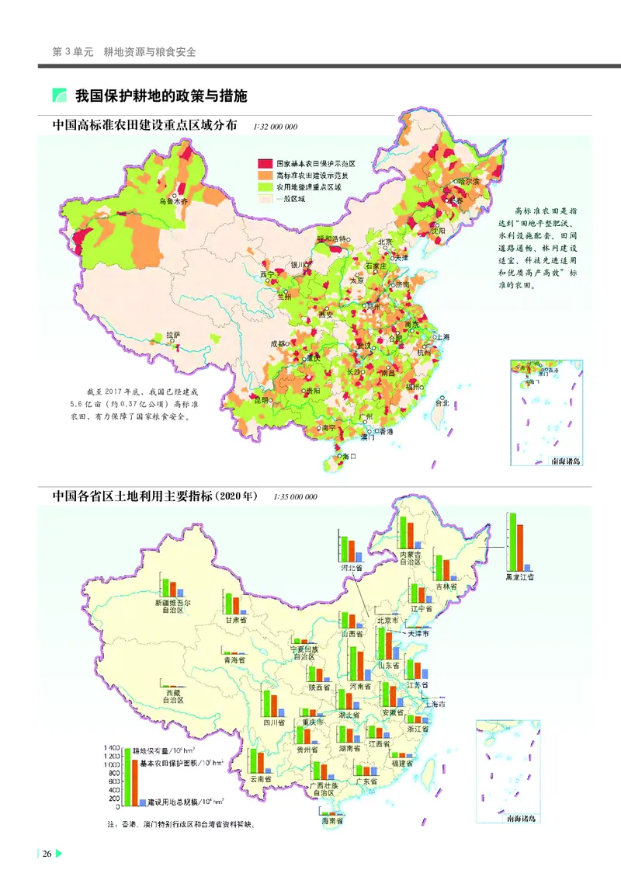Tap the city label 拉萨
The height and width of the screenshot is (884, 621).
click(x=172, y=335)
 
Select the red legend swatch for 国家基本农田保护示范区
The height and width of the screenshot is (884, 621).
click(x=265, y=164)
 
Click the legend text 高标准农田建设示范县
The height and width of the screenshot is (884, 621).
click(x=310, y=176)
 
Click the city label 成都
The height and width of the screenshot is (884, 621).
click(x=278, y=343)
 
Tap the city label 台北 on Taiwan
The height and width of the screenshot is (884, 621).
click(x=442, y=402)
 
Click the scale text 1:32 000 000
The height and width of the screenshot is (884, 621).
click(x=276, y=127)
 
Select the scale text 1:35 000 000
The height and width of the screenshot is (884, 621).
click(x=296, y=497)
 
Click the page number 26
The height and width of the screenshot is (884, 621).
click(x=47, y=854)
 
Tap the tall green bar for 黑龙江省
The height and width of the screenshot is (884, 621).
click(x=512, y=541)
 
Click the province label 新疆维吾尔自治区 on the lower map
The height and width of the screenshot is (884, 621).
click(x=172, y=606)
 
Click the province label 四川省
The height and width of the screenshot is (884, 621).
click(x=273, y=722)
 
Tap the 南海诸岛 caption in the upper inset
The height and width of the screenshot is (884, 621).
click(x=565, y=461)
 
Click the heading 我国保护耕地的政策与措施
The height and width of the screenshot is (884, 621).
click(x=161, y=96)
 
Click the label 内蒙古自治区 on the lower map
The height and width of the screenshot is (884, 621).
click(x=410, y=559)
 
